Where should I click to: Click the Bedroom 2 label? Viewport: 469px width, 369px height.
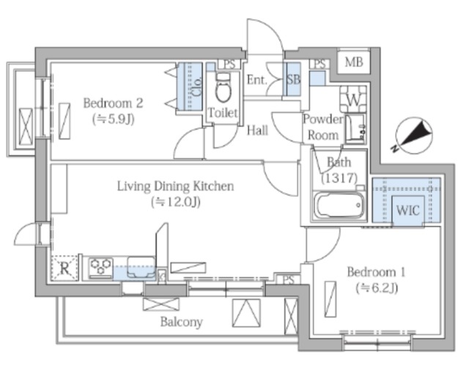(x=113, y=103)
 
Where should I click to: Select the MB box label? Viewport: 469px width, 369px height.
(x=354, y=62)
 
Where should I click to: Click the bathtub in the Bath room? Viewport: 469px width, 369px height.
(x=339, y=205)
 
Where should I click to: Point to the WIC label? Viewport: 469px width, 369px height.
(x=408, y=211)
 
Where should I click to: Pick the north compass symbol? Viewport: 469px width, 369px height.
(x=413, y=136)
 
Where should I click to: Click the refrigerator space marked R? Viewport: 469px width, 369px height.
(x=64, y=268)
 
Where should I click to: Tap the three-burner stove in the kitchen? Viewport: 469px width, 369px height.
(x=100, y=267)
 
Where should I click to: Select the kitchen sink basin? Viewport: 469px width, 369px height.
(x=141, y=267)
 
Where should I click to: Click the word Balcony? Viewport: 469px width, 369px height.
(x=181, y=322)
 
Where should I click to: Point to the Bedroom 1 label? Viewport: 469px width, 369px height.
(x=376, y=272)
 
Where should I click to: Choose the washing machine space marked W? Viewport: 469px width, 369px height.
(x=353, y=100)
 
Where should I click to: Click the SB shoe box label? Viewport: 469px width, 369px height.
(x=293, y=80)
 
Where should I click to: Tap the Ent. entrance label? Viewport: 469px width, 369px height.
(x=256, y=80)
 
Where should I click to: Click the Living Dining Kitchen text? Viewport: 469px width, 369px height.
(x=175, y=186)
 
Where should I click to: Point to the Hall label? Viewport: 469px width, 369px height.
(x=257, y=131)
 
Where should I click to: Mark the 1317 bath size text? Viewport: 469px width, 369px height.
(x=339, y=178)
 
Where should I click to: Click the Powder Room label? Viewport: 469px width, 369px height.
(x=323, y=128)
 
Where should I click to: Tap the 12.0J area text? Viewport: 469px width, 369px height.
(x=176, y=202)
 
